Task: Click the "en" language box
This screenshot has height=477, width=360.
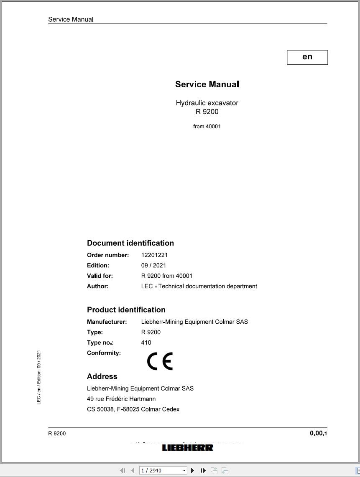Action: point(307,57)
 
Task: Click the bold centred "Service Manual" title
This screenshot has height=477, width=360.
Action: point(207,84)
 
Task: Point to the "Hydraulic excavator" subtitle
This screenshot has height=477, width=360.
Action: point(207,103)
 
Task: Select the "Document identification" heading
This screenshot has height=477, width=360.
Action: point(130,243)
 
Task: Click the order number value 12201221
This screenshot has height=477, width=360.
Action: point(155,255)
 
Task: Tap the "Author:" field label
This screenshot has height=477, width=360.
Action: point(97,286)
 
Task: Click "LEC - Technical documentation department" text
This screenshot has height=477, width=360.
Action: point(199,286)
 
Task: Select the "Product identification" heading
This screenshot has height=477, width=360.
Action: point(126,310)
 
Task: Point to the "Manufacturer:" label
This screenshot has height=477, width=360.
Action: point(107,322)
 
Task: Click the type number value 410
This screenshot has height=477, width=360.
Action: point(146,343)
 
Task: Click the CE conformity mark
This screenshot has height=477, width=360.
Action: point(160,361)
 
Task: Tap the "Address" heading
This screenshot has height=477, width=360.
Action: point(102,376)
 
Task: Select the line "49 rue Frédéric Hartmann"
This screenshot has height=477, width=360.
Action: point(121,399)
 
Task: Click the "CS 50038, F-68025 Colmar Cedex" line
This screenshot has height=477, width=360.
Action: point(133,409)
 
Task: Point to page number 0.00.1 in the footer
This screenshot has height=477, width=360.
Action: point(319,433)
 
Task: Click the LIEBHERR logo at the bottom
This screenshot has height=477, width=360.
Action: point(187,448)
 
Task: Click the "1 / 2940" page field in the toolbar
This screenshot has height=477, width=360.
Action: point(161,470)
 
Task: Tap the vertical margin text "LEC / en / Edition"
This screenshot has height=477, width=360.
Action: point(39,377)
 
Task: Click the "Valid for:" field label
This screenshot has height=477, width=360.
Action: point(100,276)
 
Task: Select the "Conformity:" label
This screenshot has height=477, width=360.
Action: point(104,353)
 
